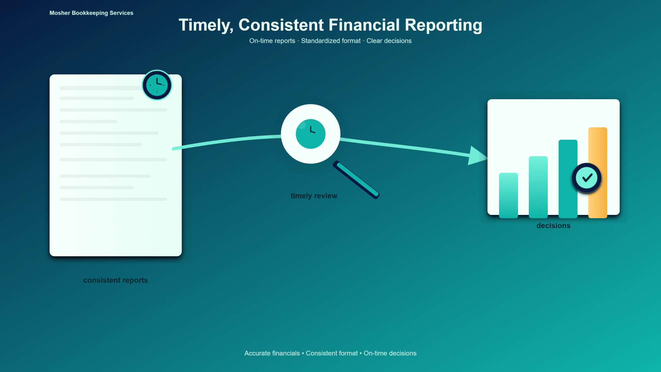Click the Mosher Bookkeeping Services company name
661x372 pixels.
click(x=91, y=13)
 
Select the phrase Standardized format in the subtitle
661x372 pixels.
click(x=330, y=41)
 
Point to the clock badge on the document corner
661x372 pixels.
click(x=157, y=85)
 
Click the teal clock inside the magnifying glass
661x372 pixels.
click(x=310, y=134)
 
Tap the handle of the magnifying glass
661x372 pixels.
click(x=356, y=179)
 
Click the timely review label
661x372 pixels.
click(x=314, y=196)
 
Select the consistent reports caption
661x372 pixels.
click(x=115, y=280)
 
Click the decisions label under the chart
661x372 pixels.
click(x=553, y=226)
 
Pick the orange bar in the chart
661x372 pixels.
click(x=597, y=173)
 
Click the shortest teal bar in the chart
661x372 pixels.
click(x=509, y=196)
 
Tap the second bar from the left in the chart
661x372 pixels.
click(x=538, y=187)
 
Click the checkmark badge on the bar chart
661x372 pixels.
click(x=587, y=178)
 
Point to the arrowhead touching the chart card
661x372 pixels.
click(x=478, y=155)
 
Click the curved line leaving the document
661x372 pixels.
click(x=226, y=141)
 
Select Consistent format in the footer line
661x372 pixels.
click(x=332, y=353)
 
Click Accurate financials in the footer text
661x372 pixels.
click(x=272, y=353)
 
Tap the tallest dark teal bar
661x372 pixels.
click(x=568, y=179)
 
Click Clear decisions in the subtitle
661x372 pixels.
click(x=389, y=41)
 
